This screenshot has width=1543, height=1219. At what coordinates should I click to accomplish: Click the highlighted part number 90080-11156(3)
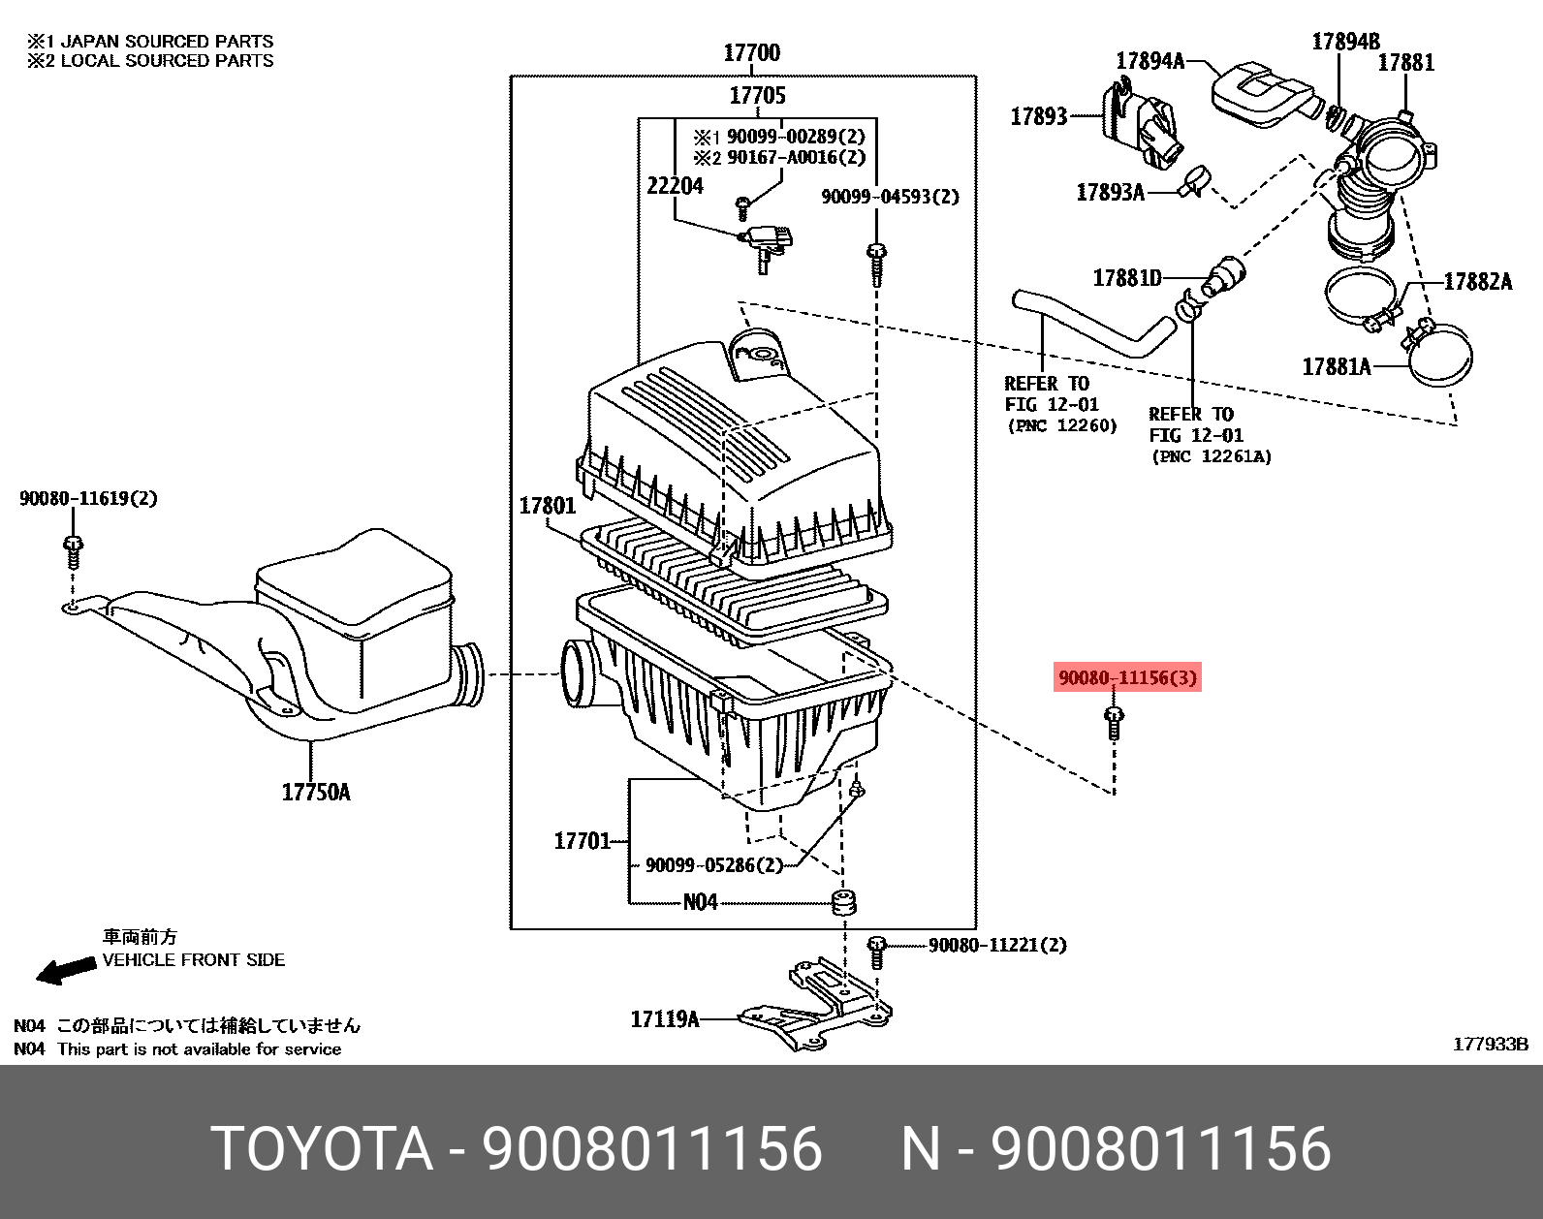coord(1127,677)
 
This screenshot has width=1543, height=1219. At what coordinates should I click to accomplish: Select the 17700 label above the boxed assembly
coord(751,53)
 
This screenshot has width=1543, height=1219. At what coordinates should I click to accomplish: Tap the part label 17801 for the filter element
coord(547,506)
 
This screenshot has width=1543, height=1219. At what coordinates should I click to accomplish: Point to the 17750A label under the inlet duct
coord(316,793)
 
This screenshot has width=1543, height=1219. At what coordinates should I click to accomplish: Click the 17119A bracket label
coord(664,1018)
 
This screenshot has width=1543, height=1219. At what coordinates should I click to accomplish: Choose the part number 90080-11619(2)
coord(88,499)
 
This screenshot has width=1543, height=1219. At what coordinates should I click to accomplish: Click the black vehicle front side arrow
coord(66,970)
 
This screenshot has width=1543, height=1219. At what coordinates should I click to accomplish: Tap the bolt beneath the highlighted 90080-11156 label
coord(1114,723)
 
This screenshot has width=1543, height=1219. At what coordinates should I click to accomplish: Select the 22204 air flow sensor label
coord(675,186)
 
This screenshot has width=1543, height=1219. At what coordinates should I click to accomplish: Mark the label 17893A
coord(1110,193)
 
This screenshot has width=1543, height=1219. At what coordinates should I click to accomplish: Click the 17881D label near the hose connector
coord(1126,279)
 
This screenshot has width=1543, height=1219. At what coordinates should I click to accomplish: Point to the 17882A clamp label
coord(1477,282)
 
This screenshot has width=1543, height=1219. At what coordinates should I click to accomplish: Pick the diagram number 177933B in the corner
coord(1490,1044)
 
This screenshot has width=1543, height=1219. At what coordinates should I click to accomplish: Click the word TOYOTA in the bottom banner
coord(321,1148)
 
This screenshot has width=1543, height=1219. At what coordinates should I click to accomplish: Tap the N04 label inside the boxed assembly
coord(700,903)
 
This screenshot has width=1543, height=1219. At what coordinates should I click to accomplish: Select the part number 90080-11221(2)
coord(997,945)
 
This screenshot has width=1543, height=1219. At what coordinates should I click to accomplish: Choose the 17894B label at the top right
coord(1345,42)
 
